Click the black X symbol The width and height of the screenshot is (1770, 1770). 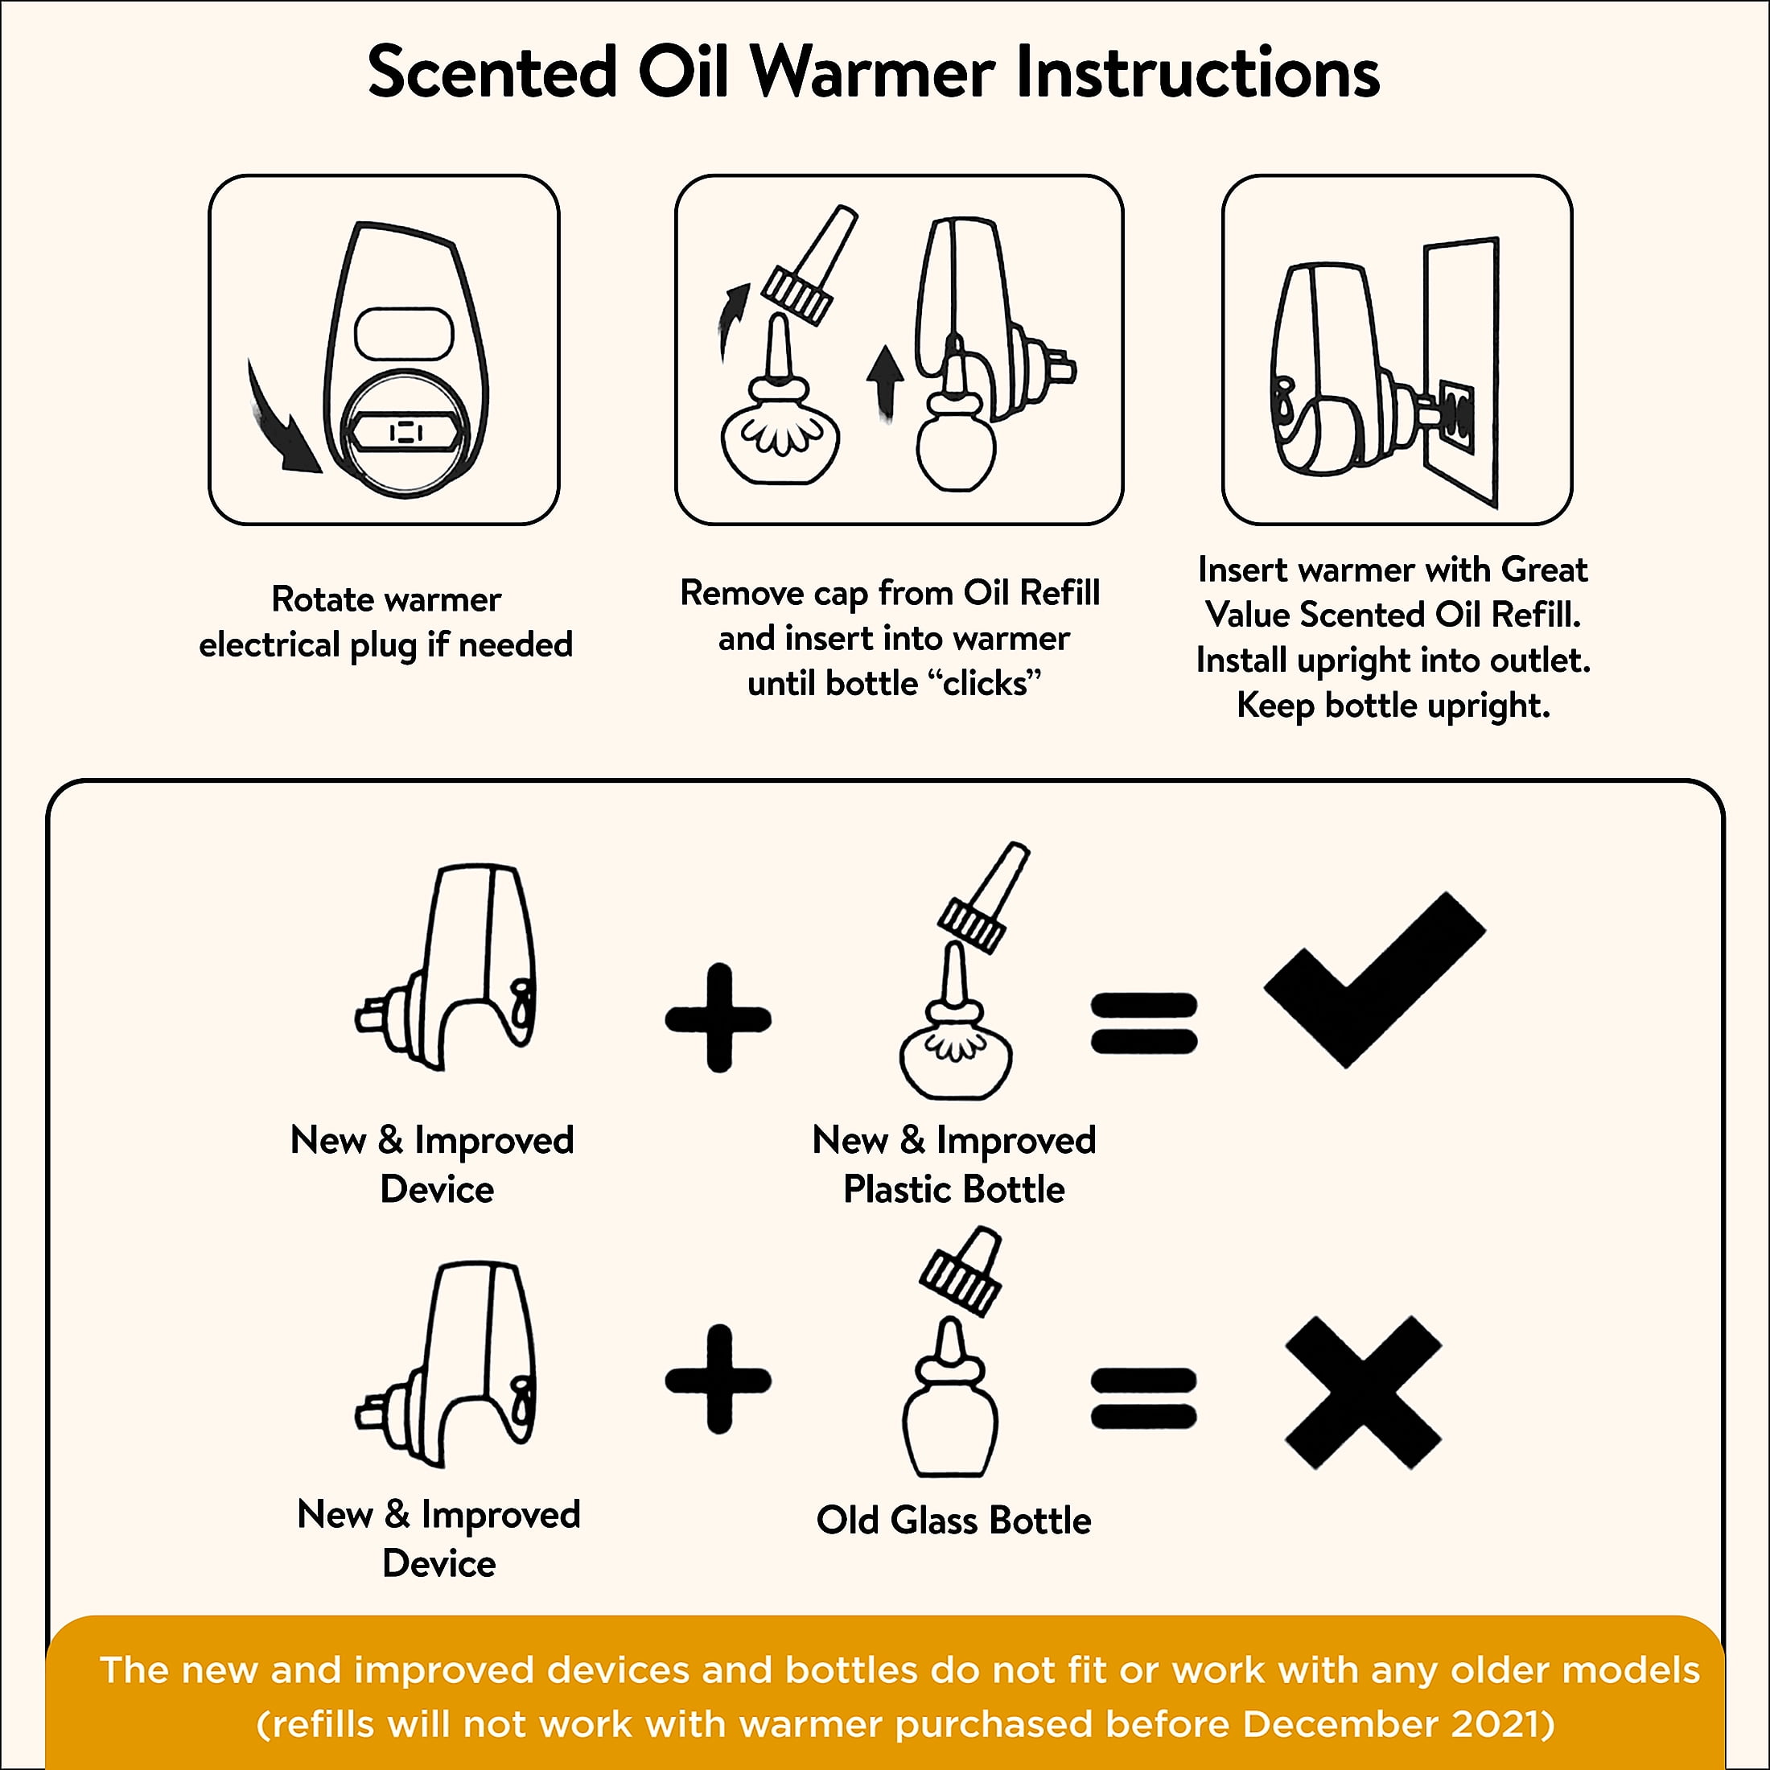click(x=1363, y=1393)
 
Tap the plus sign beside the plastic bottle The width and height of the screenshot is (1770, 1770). click(x=718, y=1018)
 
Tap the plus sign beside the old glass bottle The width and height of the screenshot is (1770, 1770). click(x=718, y=1379)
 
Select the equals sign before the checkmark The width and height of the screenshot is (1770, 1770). click(x=1143, y=1023)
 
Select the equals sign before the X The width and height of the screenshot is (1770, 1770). click(x=1143, y=1398)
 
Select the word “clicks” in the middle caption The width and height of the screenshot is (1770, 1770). click(x=985, y=683)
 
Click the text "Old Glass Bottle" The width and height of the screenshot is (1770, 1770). click(x=953, y=1521)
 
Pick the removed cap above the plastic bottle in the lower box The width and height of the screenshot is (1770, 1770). click(x=984, y=898)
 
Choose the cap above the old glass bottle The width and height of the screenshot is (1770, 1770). click(x=961, y=1272)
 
